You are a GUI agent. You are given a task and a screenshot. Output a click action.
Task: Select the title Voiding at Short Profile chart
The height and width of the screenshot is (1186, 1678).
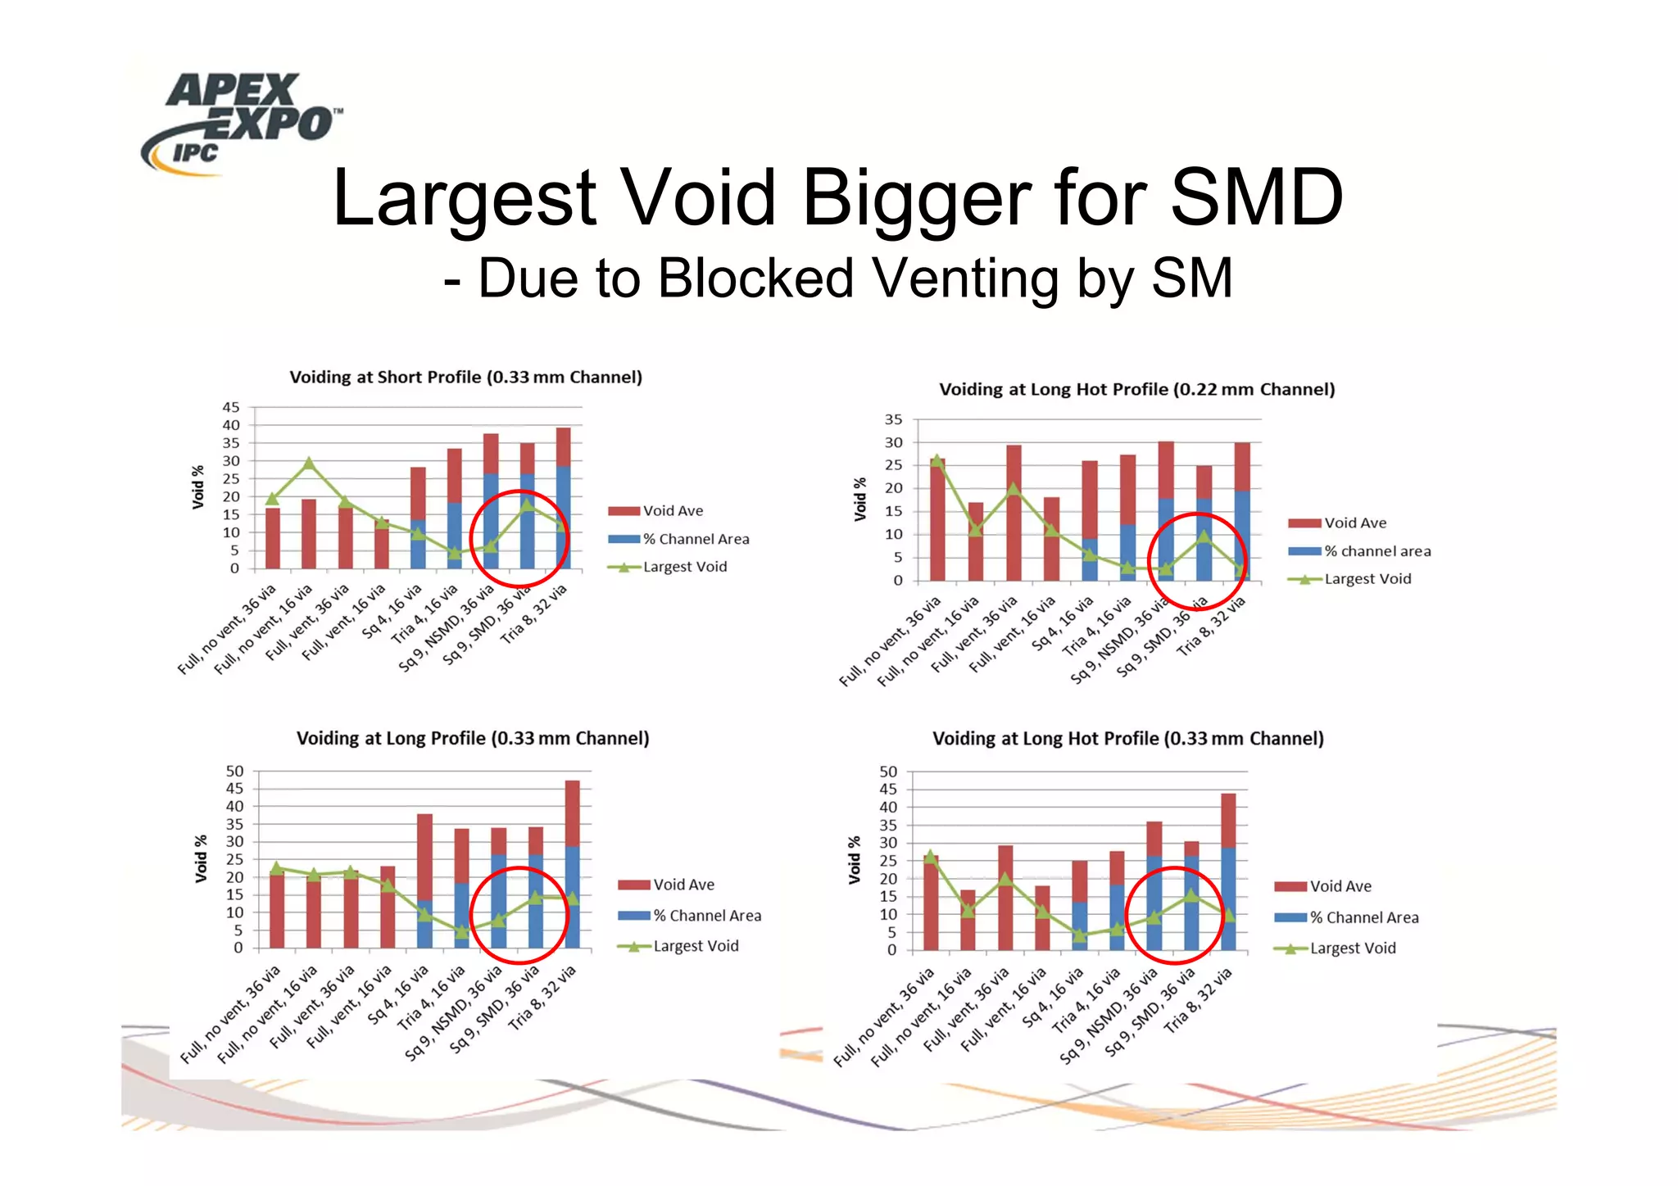pyautogui.click(x=465, y=378)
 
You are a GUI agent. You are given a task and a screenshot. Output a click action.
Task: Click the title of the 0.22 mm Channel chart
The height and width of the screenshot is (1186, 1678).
pyautogui.click(x=1136, y=390)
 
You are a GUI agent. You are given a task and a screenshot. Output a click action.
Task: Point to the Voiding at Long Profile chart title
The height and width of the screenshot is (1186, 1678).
pyautogui.click(x=472, y=739)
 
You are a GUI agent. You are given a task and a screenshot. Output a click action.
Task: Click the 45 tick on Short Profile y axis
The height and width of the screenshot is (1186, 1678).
pyautogui.click(x=231, y=407)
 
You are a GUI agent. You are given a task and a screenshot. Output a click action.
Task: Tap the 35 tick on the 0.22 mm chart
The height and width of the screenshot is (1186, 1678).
pyautogui.click(x=893, y=419)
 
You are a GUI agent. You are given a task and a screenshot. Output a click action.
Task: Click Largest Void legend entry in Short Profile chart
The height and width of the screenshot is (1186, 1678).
pyautogui.click(x=684, y=567)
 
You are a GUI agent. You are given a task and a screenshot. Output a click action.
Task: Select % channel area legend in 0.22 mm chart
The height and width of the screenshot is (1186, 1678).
pyautogui.click(x=1376, y=551)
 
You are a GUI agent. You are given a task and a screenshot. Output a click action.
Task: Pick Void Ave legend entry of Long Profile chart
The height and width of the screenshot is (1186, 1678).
pyautogui.click(x=683, y=885)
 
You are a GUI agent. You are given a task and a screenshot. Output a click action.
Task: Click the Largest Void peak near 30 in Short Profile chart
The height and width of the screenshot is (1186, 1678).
pyautogui.click(x=309, y=464)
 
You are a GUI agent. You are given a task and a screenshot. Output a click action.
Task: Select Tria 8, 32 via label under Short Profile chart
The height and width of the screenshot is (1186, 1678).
pyautogui.click(x=535, y=614)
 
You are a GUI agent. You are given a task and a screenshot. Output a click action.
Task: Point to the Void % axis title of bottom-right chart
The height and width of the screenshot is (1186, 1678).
pyautogui.click(x=855, y=860)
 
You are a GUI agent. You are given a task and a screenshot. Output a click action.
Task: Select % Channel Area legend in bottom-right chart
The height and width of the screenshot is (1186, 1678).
pyautogui.click(x=1363, y=918)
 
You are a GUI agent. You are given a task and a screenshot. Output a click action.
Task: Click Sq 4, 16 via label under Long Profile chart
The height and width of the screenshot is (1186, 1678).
pyautogui.click(x=399, y=995)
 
